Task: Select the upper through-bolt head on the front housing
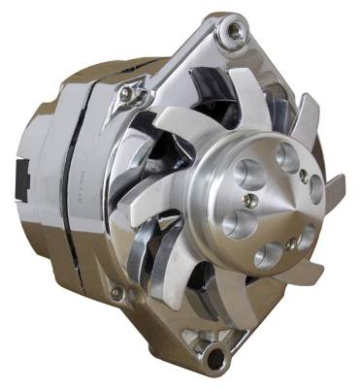126,93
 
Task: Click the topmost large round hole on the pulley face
284,155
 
